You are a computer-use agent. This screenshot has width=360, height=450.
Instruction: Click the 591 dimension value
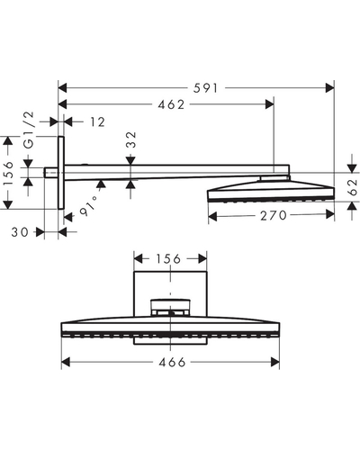click(205, 88)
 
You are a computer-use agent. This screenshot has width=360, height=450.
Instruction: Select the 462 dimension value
click(171, 104)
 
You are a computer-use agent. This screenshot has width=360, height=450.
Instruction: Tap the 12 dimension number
click(98, 122)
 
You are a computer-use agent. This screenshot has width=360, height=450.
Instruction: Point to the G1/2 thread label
click(29, 130)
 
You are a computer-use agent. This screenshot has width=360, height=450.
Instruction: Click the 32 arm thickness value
click(131, 139)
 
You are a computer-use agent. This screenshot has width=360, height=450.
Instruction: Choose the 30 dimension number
click(20, 232)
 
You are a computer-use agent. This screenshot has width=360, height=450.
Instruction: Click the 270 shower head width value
click(274, 215)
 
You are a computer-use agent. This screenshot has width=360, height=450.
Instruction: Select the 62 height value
click(353, 186)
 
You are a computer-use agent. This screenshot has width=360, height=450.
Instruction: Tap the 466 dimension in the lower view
click(172, 363)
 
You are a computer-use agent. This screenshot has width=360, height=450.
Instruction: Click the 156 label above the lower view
click(168, 258)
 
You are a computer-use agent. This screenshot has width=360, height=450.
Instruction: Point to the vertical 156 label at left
click(9, 174)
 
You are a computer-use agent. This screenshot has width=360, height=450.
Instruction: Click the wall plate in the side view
click(61, 173)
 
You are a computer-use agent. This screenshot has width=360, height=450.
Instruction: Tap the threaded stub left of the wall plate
click(51, 173)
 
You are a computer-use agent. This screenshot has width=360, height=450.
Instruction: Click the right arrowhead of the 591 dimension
click(329, 88)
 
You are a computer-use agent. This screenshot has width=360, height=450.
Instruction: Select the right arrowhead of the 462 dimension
click(270, 104)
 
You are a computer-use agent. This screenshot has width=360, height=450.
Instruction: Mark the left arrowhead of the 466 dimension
click(66, 362)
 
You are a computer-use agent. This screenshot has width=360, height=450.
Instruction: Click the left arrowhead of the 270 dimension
click(212, 215)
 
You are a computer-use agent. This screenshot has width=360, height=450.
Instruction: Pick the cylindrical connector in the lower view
click(170, 307)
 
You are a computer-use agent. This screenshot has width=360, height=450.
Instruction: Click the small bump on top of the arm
click(85, 164)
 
